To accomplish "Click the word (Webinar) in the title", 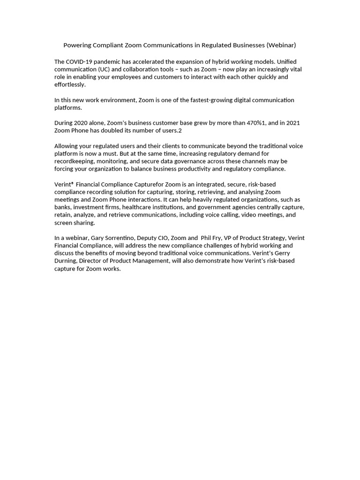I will (x=281, y=45).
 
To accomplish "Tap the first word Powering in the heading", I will (x=77, y=45).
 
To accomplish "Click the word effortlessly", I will (x=70, y=84).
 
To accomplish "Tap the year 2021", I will (x=292, y=123).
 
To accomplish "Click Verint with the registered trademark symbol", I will (x=64, y=184).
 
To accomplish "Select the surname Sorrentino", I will (x=115, y=238).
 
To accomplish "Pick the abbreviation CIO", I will (x=162, y=238).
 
